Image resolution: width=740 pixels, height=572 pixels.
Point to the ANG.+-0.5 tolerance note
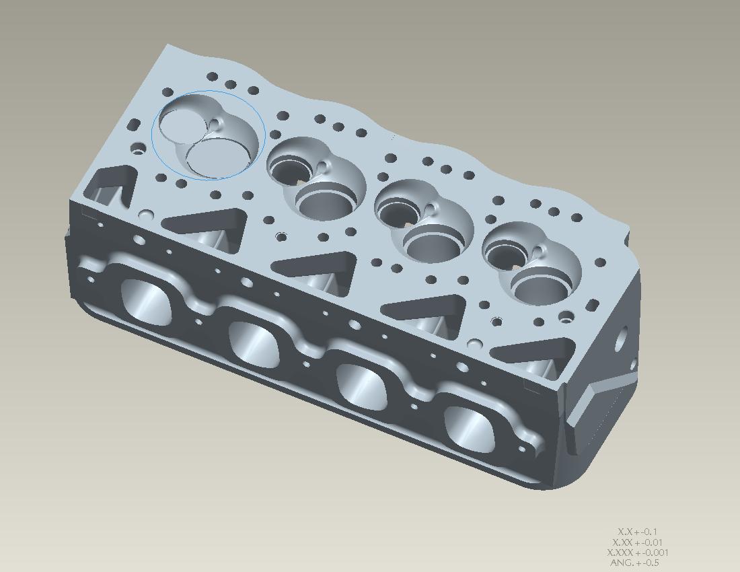(634, 563)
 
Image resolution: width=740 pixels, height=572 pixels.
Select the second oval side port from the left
(254, 343)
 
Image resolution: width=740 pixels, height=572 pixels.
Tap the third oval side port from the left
(361, 386)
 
